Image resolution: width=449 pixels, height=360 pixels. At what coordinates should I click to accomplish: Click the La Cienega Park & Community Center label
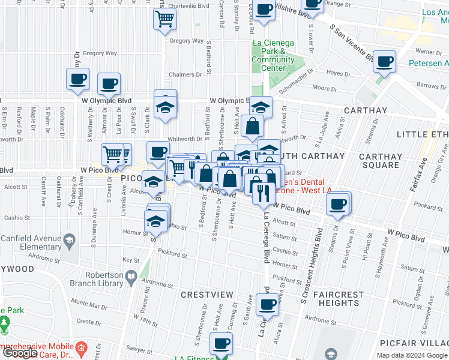[273, 55]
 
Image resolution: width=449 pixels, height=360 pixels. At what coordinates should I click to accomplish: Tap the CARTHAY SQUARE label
[381, 160]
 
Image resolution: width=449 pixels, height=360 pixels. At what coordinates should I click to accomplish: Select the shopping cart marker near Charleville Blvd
[165, 19]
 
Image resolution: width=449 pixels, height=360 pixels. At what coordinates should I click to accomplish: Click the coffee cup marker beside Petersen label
[384, 61]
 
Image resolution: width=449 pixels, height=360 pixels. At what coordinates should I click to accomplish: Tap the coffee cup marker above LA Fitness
[221, 344]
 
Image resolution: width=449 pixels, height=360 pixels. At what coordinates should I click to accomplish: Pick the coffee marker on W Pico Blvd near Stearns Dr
[338, 204]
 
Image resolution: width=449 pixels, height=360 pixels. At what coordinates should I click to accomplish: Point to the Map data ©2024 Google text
[411, 355]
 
